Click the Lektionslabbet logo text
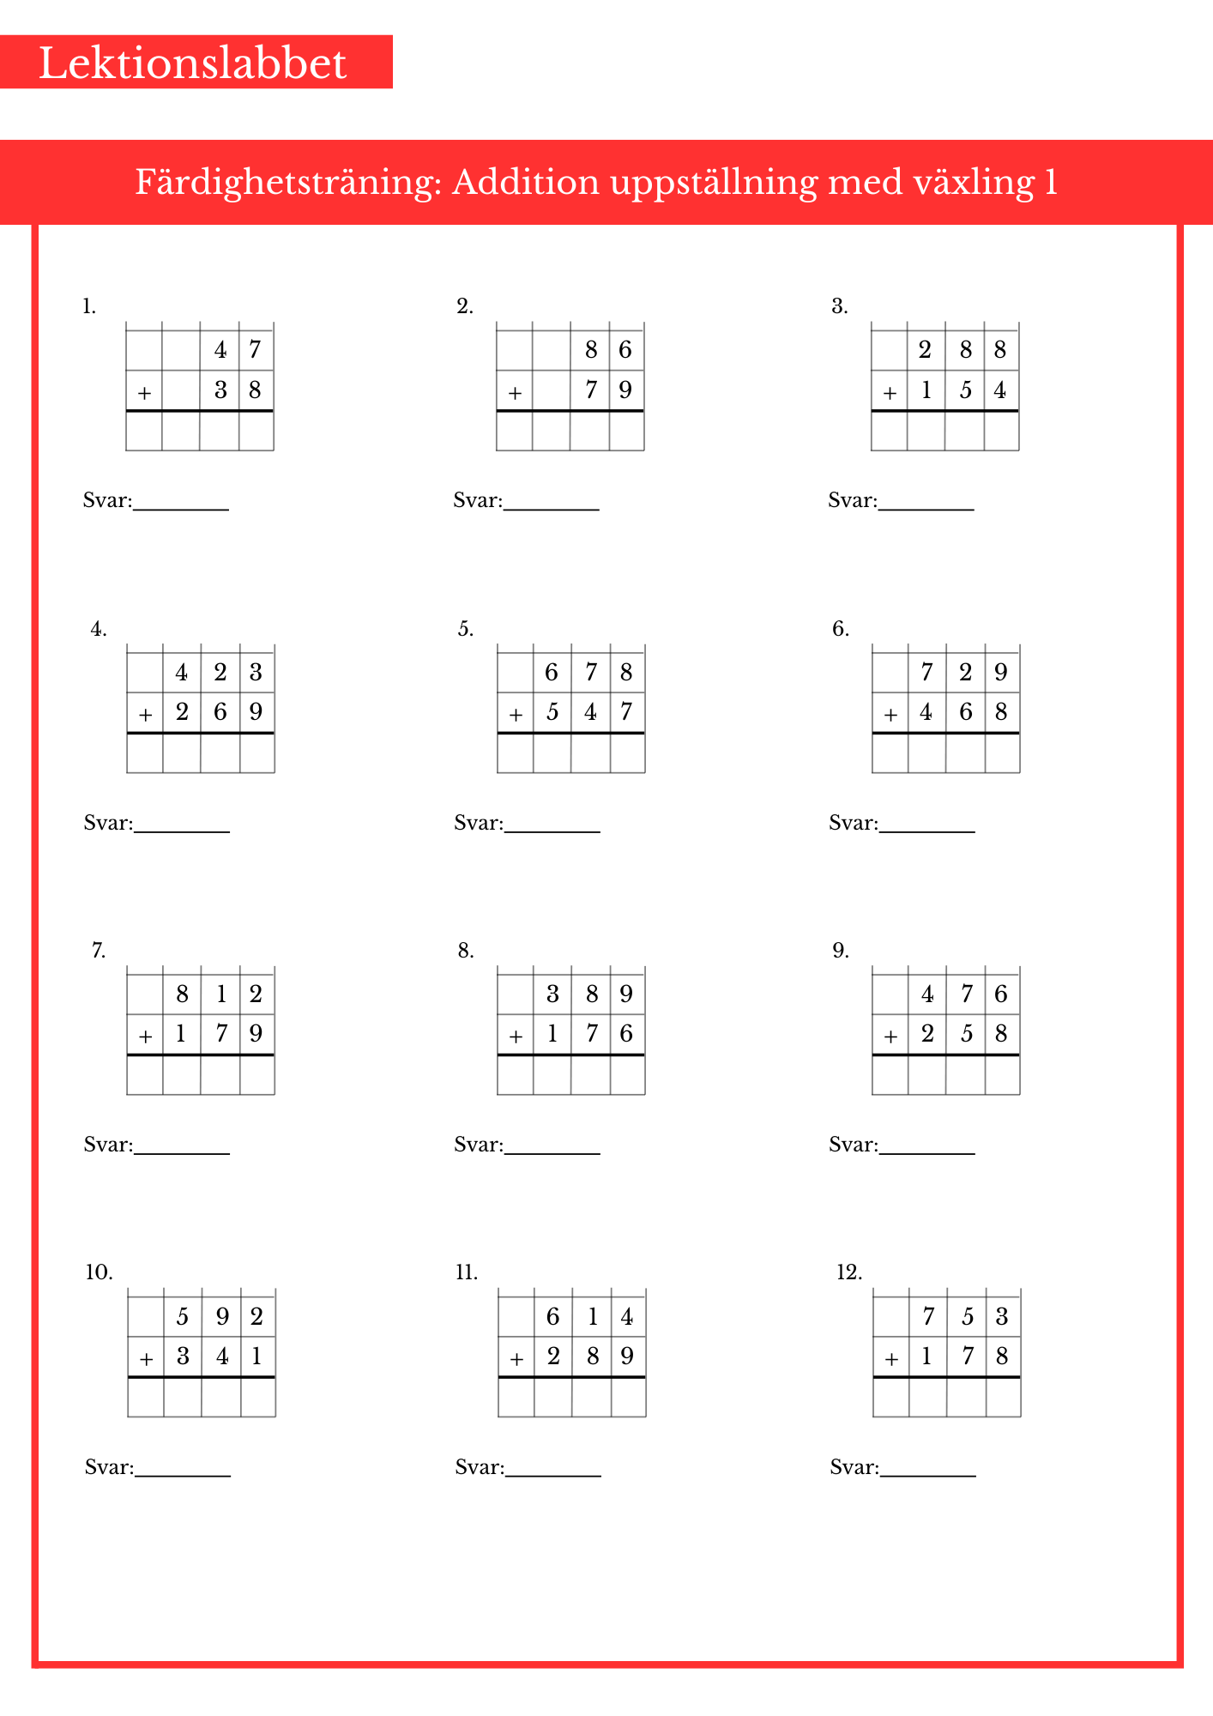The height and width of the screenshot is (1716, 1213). [x=193, y=63]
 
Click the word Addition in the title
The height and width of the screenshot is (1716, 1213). [x=525, y=182]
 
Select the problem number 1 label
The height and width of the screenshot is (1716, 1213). [x=89, y=306]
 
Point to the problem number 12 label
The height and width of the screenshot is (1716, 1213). [x=849, y=1272]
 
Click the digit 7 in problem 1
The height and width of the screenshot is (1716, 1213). [x=255, y=350]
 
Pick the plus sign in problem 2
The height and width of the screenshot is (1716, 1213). [x=515, y=393]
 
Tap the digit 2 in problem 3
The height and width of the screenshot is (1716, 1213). [x=925, y=350]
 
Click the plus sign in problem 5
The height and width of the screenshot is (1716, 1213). [x=516, y=715]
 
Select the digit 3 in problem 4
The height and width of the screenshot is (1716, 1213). [x=256, y=672]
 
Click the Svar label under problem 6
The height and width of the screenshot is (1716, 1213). [x=853, y=824]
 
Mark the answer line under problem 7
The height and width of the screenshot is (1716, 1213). [x=182, y=1153]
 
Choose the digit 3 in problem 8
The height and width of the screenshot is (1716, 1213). [x=552, y=994]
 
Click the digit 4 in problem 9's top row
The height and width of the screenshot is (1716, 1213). [x=927, y=994]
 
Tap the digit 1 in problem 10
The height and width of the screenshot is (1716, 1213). [x=256, y=1356]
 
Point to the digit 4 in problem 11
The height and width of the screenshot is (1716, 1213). [x=627, y=1316]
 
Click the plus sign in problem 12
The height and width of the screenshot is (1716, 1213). [x=891, y=1359]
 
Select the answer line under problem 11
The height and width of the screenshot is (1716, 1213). [x=553, y=1476]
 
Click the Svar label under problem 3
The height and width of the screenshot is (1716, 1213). [x=852, y=501]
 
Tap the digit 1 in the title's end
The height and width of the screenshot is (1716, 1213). [x=1051, y=182]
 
